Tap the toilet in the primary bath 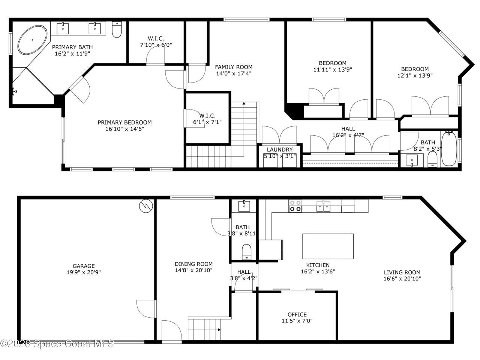tap(117, 30)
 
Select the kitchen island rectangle tap(328, 246)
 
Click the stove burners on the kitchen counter tap(295, 206)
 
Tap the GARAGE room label tap(84, 266)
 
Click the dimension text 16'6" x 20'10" tap(402, 279)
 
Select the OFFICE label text tap(297, 314)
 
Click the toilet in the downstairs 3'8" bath tap(246, 251)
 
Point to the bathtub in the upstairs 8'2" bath tap(448, 149)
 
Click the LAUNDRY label tap(279, 150)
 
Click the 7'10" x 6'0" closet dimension tap(156, 45)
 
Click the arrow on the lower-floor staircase tap(219, 330)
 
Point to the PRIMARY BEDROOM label tap(124, 122)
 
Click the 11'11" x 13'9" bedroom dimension tap(333, 69)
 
